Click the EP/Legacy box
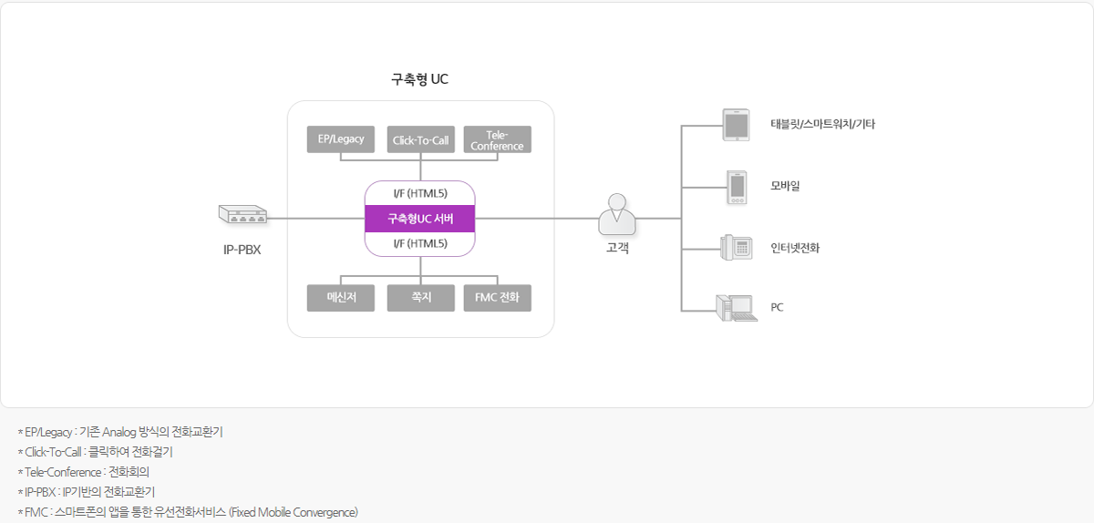341,139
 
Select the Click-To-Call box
420,139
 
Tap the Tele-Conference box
497,139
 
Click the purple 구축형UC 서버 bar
420,219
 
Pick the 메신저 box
341,298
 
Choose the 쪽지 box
420,298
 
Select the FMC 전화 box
497,298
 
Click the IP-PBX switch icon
243,215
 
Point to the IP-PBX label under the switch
243,249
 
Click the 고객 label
617,248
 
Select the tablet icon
735,125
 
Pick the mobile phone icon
737,187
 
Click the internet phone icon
736,248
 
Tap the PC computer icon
737,308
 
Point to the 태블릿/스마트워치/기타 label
822,125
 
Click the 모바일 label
785,187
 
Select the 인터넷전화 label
795,248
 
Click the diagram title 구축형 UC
420,80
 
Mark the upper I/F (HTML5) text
420,193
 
